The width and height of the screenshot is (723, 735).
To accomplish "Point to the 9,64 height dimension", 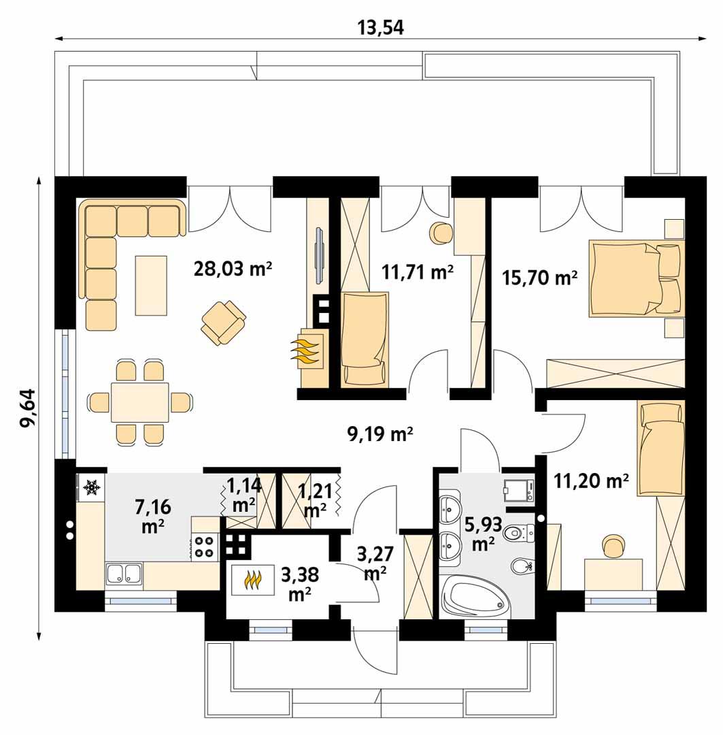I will tap(29, 408).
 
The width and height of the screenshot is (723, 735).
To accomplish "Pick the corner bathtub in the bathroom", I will tap(475, 597).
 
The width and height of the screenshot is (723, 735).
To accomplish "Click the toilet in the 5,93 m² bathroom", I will tap(520, 533).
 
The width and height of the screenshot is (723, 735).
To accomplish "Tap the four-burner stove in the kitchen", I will tap(204, 546).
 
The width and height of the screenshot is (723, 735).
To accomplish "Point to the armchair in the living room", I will tap(223, 322).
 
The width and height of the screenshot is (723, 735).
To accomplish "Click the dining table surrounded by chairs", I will tap(140, 402).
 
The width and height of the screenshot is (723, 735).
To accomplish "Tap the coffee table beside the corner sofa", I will tap(151, 285).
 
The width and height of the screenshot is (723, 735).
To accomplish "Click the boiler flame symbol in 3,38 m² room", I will tap(253, 580).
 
